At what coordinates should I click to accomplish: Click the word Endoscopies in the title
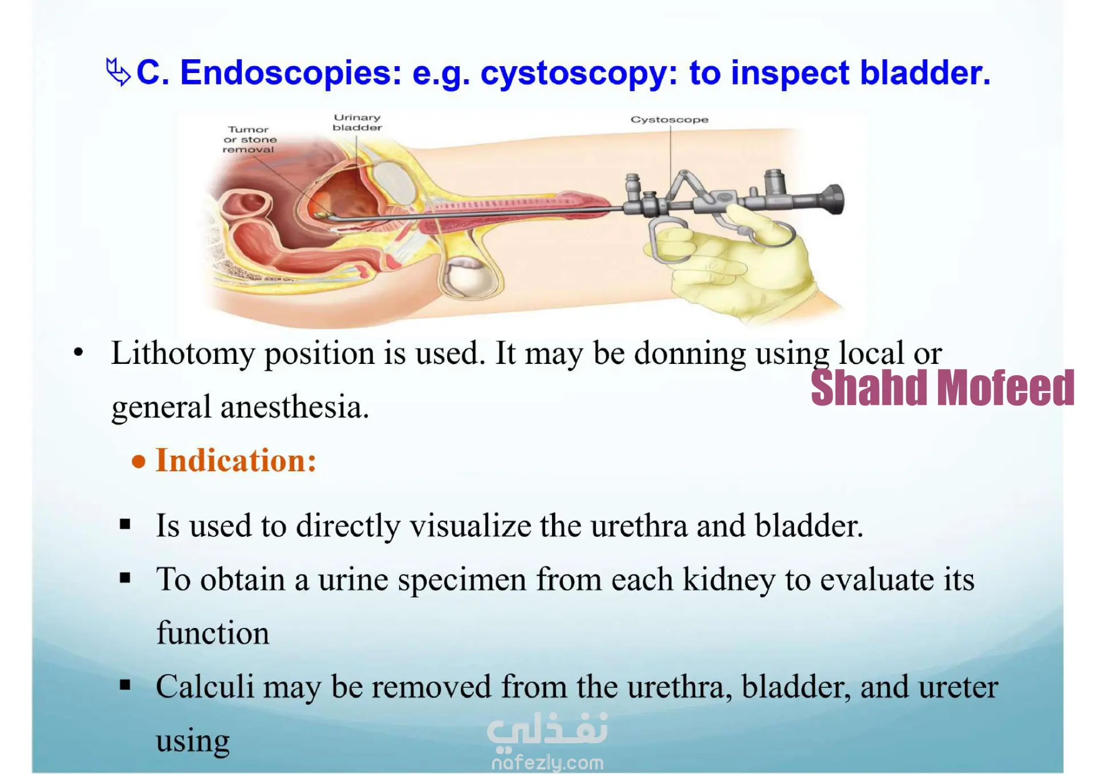pos(291,73)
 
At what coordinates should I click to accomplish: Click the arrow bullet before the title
pos(118,72)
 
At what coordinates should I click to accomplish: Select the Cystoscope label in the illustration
pos(670,120)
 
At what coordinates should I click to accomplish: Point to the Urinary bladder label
pos(358,123)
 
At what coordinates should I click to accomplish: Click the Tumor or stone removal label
pos(249,140)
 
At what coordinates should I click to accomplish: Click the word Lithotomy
pos(182,354)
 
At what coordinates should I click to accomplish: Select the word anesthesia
pos(295,407)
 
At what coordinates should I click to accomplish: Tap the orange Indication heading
pos(236,460)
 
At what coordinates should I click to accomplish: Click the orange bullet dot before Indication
pos(139,461)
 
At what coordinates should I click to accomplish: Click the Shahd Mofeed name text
pos(942,388)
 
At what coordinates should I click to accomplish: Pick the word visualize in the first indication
pos(471,525)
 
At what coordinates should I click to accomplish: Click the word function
pos(213,633)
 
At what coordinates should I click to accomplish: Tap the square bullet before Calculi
pos(125,685)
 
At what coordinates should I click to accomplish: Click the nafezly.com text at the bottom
pos(547,763)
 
